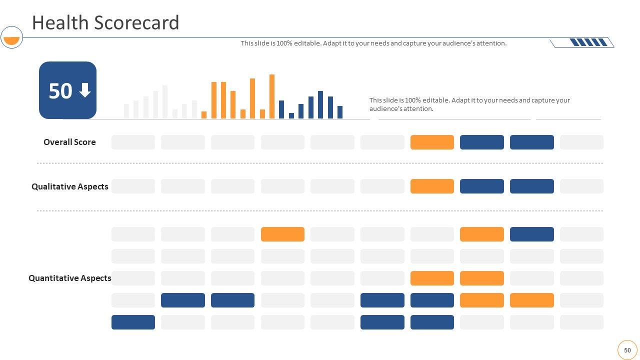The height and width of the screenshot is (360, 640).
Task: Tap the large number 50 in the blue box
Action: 60,91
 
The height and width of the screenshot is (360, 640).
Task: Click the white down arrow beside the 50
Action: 85,90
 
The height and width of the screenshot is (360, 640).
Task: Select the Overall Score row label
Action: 69,142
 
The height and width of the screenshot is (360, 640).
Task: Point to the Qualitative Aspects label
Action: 69,186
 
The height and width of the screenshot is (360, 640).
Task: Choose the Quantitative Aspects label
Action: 69,278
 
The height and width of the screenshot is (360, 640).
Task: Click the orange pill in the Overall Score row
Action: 432,142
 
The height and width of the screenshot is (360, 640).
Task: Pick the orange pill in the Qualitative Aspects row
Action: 432,186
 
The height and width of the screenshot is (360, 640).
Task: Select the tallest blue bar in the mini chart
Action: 320,104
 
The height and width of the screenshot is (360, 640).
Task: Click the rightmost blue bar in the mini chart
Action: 340,112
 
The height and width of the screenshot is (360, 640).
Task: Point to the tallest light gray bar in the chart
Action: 165,102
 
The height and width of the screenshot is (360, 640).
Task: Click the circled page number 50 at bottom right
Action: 627,350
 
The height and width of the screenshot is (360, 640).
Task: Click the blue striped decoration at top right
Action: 588,42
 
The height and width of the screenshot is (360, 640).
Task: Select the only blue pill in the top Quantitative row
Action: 531,234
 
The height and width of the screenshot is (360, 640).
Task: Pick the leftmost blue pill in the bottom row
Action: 133,322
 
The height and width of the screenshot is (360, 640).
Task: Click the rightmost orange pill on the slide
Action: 531,300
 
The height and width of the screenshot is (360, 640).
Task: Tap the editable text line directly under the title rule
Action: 373,43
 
